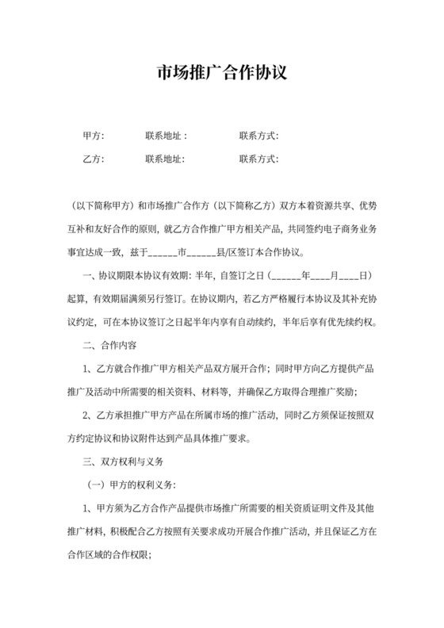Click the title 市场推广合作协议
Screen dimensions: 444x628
tap(221, 73)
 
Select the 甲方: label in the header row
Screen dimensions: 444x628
tap(94, 136)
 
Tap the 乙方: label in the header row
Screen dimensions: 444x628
tap(94, 159)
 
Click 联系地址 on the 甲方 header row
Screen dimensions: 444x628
tap(166, 136)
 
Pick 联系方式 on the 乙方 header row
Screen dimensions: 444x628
tap(258, 159)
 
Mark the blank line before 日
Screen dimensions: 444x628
tap(350, 276)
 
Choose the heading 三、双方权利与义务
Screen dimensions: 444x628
tap(121, 460)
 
